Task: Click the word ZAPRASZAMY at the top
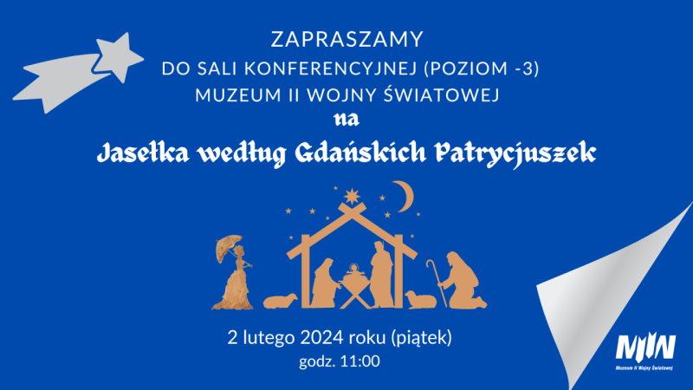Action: point(346,39)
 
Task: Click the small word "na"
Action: point(346,117)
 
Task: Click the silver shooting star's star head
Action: point(117,55)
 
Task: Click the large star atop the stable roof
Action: point(351,195)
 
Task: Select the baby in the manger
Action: point(353,273)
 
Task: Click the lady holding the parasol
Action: point(234,273)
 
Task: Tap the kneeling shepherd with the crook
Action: point(460,279)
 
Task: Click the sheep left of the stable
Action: point(280,301)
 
